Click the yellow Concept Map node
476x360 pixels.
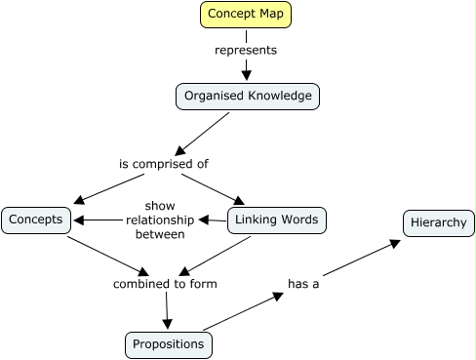pyautogui.click(x=246, y=15)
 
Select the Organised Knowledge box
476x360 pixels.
pyautogui.click(x=247, y=97)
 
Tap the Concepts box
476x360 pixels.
pyautogui.click(x=36, y=220)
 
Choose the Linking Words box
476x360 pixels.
pyautogui.click(x=276, y=220)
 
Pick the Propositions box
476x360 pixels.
pyautogui.click(x=169, y=344)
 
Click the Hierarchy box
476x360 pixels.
pyautogui.click(x=438, y=223)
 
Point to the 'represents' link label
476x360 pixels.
pyautogui.click(x=246, y=50)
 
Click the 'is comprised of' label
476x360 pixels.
pyautogui.click(x=164, y=164)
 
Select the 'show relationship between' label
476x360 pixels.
pyautogui.click(x=160, y=220)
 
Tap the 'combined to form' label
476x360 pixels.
pyautogui.click(x=165, y=284)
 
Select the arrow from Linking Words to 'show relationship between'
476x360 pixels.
pyautogui.click(x=212, y=220)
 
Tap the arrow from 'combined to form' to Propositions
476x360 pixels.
pyautogui.click(x=167, y=311)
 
